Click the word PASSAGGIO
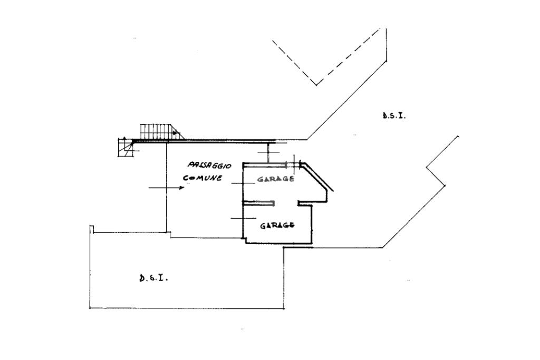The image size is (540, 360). (209, 166)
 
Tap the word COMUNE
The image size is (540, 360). (202, 178)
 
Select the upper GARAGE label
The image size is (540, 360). (275, 179)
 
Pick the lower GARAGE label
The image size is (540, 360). (277, 226)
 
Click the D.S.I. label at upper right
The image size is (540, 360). (394, 115)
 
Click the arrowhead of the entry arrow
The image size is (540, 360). (181, 188)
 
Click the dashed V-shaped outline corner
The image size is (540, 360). (316, 84)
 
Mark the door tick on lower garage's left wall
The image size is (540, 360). (240, 218)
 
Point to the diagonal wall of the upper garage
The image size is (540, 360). (318, 178)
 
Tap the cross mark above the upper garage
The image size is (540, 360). (268, 152)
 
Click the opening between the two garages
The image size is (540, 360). (286, 203)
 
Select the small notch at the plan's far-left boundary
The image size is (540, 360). (92, 228)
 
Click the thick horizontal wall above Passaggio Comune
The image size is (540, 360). (211, 141)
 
